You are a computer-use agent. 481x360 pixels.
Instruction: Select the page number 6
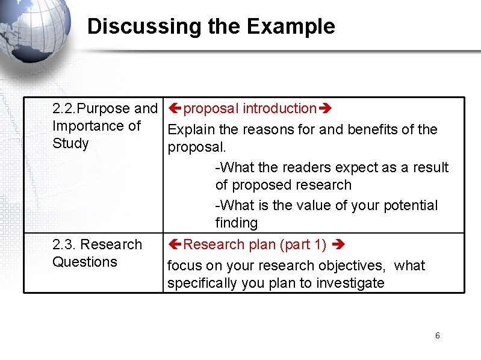point(438,335)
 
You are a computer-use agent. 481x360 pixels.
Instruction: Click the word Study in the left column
point(70,143)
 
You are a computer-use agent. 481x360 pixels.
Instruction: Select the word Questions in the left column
point(85,262)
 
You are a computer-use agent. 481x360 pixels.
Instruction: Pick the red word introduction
point(279,108)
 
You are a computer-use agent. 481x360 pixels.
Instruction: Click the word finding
point(237,223)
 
